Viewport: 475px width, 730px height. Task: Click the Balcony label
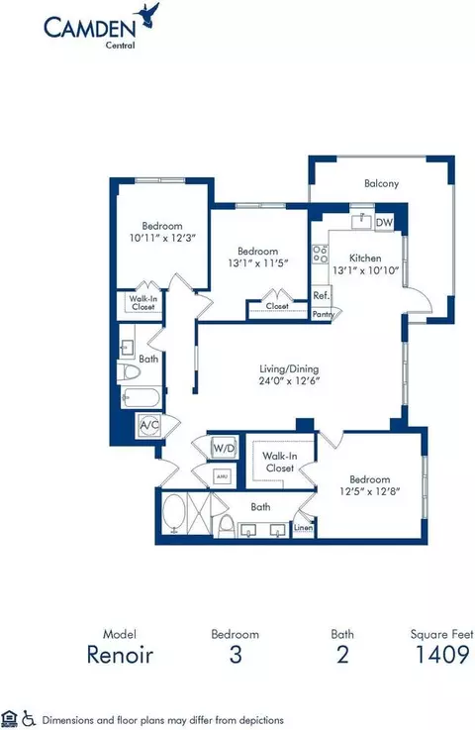click(x=382, y=183)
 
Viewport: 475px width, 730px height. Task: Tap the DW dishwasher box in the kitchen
click(x=384, y=223)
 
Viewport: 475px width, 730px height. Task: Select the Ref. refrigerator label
click(x=321, y=295)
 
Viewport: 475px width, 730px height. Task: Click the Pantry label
click(x=324, y=314)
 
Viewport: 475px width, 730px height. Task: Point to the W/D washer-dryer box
click(x=224, y=449)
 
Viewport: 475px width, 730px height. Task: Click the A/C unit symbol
click(x=149, y=425)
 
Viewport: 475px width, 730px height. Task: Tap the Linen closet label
click(x=304, y=528)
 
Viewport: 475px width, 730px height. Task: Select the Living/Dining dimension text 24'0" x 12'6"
click(x=289, y=380)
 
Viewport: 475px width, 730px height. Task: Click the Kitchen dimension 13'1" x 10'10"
click(x=366, y=270)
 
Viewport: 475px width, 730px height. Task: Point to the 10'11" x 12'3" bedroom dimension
click(x=162, y=238)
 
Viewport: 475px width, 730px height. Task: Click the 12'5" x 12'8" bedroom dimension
click(x=370, y=491)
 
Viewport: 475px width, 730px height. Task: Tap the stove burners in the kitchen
click(x=320, y=255)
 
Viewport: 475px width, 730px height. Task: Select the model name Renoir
click(x=120, y=655)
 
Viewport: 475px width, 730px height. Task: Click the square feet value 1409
click(x=442, y=655)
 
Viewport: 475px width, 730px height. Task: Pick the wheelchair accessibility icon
click(x=29, y=718)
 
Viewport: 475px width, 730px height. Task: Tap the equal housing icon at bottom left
click(x=9, y=718)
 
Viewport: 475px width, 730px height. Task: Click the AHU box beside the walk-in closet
click(x=223, y=476)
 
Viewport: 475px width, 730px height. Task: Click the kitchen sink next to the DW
click(x=361, y=221)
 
